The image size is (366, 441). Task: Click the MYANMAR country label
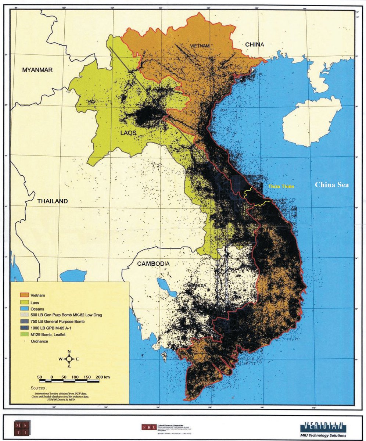(x=37, y=70)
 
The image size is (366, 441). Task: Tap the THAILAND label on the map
(x=53, y=201)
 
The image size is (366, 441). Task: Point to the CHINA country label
(x=255, y=44)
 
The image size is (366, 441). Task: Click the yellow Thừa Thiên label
(x=281, y=186)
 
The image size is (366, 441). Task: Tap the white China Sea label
(x=332, y=185)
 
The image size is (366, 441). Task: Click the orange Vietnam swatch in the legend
(x=24, y=295)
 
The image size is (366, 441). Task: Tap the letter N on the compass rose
(x=69, y=351)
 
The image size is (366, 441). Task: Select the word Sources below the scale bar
(x=39, y=388)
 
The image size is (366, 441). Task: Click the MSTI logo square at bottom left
(x=22, y=427)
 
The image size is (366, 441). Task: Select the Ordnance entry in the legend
(x=39, y=341)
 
